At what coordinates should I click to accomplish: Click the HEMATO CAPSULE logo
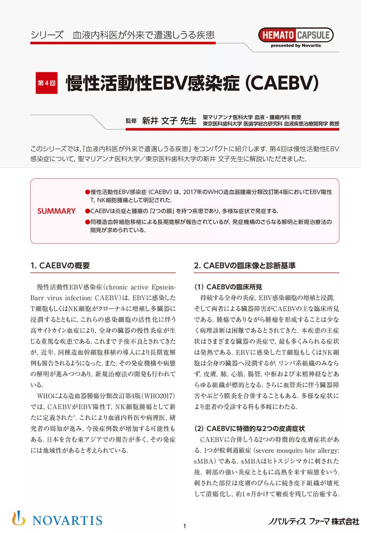point(296,35)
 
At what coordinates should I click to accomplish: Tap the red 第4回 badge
point(47,83)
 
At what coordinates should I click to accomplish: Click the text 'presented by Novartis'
point(296,45)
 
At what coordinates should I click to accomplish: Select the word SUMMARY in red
point(56,211)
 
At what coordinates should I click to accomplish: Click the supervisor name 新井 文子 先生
point(169,121)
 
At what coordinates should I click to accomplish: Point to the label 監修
point(131,121)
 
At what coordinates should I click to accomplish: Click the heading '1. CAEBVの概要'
point(60,266)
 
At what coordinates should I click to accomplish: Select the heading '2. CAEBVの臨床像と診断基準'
point(245,266)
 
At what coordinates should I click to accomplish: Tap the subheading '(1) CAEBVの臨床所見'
point(228,287)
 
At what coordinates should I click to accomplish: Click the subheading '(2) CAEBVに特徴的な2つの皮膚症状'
point(249,429)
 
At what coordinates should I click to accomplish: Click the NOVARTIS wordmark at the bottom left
point(67,520)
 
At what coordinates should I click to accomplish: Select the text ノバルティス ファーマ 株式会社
point(313,522)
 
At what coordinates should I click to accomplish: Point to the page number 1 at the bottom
point(185,526)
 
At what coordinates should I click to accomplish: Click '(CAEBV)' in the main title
point(281,83)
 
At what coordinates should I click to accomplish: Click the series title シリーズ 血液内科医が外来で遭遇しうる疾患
point(122,35)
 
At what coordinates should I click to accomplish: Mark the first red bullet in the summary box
point(88,192)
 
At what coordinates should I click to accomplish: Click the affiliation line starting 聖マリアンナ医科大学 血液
point(252,117)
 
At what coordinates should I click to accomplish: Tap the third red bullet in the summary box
point(88,222)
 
